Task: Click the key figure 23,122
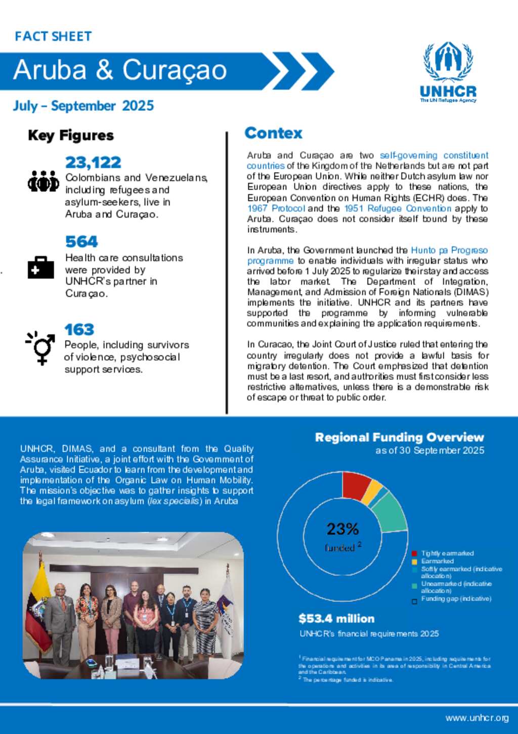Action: pos(93,162)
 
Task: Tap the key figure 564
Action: pos(81,242)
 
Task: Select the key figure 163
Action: pos(79,330)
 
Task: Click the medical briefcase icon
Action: pos(40,268)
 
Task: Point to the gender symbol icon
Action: pos(40,348)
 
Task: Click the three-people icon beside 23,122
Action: pos(43,181)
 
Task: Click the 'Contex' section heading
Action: pos(273,133)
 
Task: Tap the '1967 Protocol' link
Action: pos(276,208)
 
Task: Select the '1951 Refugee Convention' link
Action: pos(398,208)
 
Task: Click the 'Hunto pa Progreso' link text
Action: pos(449,250)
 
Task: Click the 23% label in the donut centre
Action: pos(342,529)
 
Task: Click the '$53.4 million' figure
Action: pos(336,619)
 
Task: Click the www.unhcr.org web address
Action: pos(477,718)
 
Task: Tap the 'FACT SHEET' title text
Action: pos(53,36)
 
